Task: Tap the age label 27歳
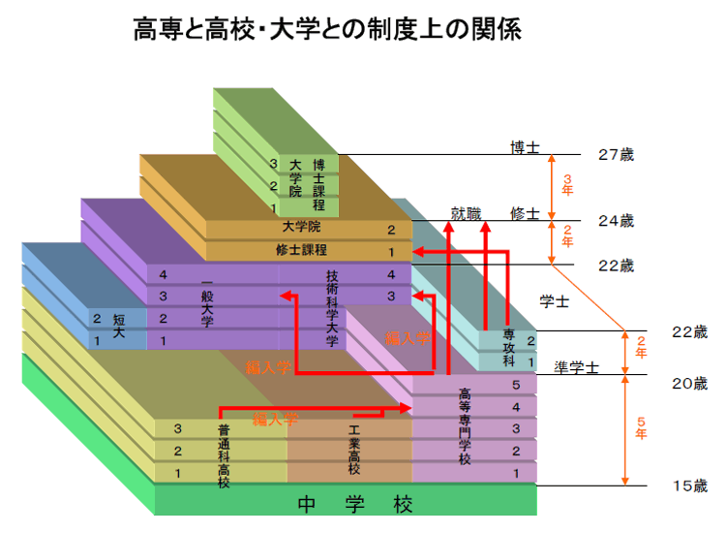coord(616,155)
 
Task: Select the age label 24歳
coord(616,220)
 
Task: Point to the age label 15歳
coord(689,486)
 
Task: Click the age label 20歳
coord(689,383)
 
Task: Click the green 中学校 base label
coord(355,505)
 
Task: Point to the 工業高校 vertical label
coord(354,449)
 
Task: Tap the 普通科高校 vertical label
coord(224,454)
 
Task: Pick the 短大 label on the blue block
coord(118,326)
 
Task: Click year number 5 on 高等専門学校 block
coord(516,385)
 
